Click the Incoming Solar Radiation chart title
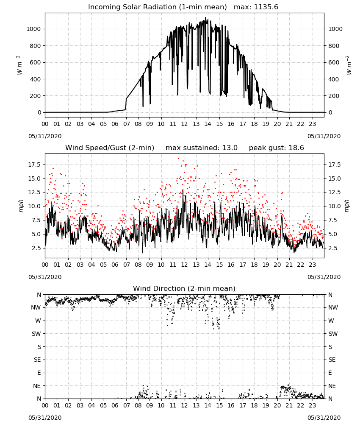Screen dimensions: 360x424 pos(157,7)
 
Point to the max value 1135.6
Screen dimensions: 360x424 pos(266,7)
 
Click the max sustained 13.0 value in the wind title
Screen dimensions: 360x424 pos(230,148)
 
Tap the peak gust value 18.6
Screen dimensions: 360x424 pos(296,148)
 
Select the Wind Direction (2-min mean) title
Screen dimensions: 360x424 pos(184,288)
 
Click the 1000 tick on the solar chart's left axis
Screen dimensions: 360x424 pos(33,29)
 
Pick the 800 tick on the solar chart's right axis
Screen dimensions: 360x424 pos(334,46)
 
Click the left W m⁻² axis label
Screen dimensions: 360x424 pos(19,65)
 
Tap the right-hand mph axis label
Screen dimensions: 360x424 pos(347,206)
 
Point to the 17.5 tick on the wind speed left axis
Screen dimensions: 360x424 pos(35,165)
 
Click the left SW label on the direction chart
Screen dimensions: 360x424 pos(36,334)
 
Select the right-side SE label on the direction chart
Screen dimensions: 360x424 pos(332,360)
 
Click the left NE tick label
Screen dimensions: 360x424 pos(37,386)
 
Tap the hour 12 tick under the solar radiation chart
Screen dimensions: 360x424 pos(185,124)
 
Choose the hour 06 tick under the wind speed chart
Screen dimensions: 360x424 pos(115,265)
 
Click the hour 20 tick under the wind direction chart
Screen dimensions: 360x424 pos(277,405)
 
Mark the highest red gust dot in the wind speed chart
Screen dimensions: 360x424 pos(178,158)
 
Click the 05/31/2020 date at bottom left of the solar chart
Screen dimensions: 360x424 pos(45,136)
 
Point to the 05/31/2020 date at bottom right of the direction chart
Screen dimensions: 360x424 pos(324,418)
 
